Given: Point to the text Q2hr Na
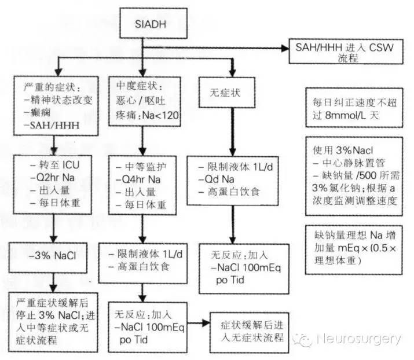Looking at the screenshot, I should click(x=52, y=176).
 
